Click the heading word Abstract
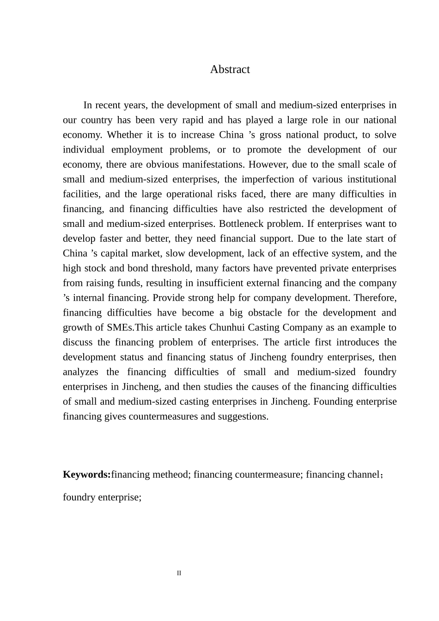coord(230,69)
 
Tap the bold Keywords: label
coord(86,475)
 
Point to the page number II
coord(179,573)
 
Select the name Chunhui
coord(227,328)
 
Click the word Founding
coord(333,402)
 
